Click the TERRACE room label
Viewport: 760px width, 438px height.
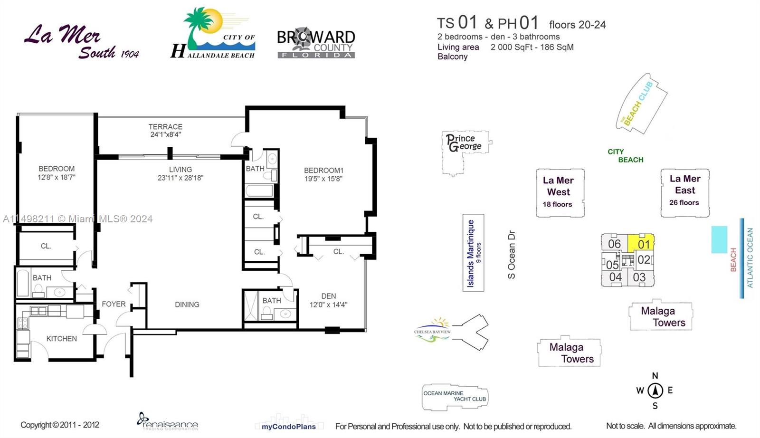(165, 126)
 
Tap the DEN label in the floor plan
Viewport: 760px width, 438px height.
(328, 296)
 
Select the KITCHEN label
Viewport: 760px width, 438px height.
(61, 339)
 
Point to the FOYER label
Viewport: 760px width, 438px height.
(114, 304)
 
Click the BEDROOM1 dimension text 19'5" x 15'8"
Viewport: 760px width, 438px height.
(323, 179)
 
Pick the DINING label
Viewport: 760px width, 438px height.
(187, 305)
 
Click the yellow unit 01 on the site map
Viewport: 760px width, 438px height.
(641, 243)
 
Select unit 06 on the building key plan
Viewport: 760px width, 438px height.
(614, 244)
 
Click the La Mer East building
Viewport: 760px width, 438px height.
(685, 193)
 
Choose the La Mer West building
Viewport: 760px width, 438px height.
(560, 193)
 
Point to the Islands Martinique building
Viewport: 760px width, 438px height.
(473, 252)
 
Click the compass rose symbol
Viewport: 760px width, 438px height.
(655, 391)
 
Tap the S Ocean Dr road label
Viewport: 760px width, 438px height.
(511, 255)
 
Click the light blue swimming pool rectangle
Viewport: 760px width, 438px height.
(719, 239)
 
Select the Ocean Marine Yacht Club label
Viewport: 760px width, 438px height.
(455, 396)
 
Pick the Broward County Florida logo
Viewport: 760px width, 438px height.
(316, 43)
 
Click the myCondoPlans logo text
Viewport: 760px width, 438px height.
(289, 427)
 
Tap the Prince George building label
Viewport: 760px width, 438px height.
(464, 143)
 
